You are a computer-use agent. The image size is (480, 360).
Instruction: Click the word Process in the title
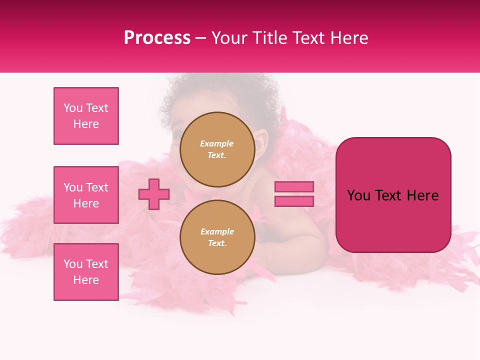[157, 38]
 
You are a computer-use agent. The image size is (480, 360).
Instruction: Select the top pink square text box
[86, 116]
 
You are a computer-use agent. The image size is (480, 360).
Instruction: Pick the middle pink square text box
[86, 195]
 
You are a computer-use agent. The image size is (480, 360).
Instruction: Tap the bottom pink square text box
[86, 272]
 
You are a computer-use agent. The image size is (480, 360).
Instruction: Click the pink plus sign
[154, 194]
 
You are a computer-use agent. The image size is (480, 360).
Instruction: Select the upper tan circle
[217, 149]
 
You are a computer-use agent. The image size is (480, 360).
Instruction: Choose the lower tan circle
[217, 237]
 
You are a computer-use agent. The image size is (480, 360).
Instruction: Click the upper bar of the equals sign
[294, 186]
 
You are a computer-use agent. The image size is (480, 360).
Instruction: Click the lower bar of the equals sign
[294, 201]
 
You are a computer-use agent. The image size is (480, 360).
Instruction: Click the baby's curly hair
[220, 92]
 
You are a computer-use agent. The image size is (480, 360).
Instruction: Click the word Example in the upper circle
[216, 143]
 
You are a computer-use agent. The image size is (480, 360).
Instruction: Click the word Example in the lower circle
[217, 231]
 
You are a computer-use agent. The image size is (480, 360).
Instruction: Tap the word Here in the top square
[86, 124]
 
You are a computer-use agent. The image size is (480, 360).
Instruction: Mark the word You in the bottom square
[73, 264]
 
